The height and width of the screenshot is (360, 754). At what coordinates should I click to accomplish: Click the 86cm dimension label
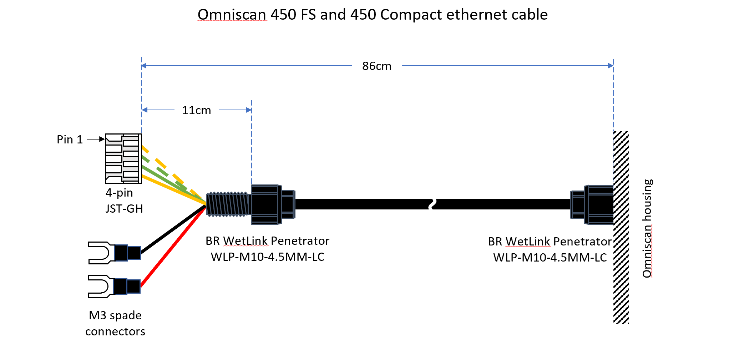click(x=376, y=66)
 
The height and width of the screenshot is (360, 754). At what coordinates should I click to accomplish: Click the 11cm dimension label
click(x=196, y=110)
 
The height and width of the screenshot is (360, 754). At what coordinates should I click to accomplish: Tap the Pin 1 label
click(x=70, y=140)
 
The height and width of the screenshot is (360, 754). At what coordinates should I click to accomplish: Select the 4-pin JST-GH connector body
click(x=123, y=159)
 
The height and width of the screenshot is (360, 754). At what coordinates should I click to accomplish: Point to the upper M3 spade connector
click(x=114, y=253)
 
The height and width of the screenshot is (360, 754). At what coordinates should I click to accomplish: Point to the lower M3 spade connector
click(x=114, y=286)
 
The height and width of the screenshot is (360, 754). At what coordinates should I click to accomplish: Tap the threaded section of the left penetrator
click(x=228, y=204)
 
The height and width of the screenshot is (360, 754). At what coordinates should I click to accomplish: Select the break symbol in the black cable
click(x=432, y=204)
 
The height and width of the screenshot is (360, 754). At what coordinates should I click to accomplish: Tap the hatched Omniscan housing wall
click(x=621, y=228)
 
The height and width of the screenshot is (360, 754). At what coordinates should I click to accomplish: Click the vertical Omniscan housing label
click(x=647, y=228)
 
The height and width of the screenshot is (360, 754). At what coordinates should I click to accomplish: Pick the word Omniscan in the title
click(x=232, y=15)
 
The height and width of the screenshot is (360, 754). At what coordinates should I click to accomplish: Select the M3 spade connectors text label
click(x=115, y=323)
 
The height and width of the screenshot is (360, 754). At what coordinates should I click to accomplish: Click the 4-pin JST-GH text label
click(x=124, y=201)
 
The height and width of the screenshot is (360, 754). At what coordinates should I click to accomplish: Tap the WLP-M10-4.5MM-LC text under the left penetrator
click(x=268, y=257)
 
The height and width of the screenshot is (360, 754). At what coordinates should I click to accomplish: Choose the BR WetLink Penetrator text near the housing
click(x=550, y=242)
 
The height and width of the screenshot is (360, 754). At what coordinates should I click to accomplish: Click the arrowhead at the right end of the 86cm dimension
click(x=611, y=66)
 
